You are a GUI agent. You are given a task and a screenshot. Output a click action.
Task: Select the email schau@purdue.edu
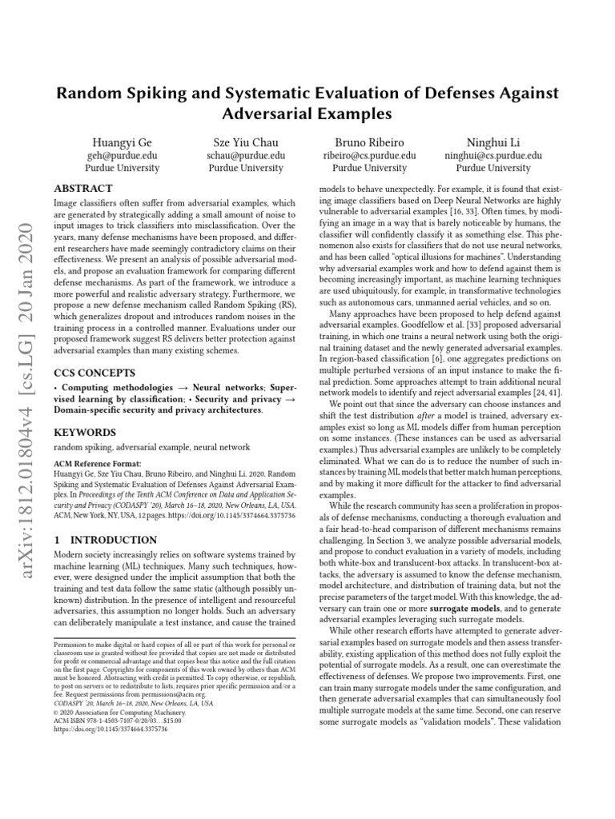(246, 155)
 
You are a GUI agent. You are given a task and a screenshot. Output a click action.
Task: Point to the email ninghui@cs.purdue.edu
(492, 155)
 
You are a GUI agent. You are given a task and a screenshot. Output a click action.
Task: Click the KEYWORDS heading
(84, 432)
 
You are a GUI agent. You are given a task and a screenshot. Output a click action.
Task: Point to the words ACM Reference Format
(94, 463)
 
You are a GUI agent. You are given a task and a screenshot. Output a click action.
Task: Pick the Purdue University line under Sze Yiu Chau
(246, 168)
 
